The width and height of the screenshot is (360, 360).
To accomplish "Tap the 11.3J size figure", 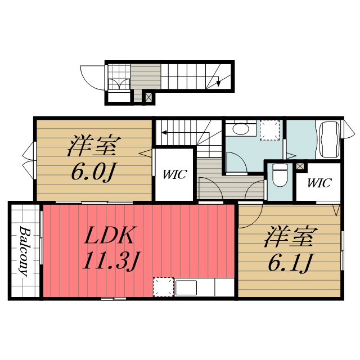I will [112, 260].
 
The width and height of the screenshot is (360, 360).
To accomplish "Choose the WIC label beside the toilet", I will [318, 183].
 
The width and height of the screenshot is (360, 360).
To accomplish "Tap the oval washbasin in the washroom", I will [241, 129].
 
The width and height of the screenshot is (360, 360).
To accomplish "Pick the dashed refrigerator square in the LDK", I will [163, 286].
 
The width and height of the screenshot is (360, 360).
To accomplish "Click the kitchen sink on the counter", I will [185, 287].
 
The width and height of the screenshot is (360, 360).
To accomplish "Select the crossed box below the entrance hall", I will [148, 97].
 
